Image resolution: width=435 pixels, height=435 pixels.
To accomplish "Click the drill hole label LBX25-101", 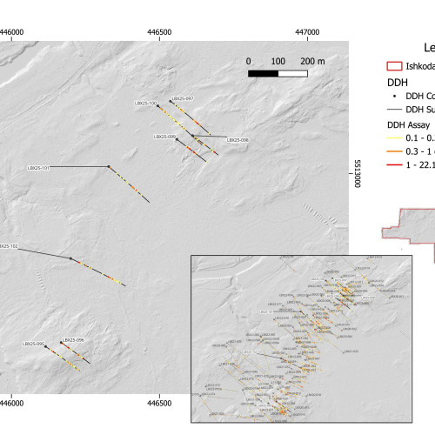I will click(38, 166).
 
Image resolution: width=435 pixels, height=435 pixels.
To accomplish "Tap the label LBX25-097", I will click(183, 98).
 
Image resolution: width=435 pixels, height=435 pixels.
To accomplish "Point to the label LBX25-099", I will click(165, 137).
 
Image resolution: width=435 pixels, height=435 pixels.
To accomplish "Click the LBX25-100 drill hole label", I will click(145, 104).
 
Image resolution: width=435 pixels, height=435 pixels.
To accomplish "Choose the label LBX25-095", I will click(34, 345).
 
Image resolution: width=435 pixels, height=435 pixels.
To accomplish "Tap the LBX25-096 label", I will click(72, 340).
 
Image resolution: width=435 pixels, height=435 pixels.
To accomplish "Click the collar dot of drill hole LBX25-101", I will click(108, 166).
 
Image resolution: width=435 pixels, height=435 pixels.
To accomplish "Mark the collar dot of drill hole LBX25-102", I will click(70, 258).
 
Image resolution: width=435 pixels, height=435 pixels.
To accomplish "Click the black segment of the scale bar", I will click(264, 73).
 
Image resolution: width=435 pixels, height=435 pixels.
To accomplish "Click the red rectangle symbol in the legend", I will click(393, 65).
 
